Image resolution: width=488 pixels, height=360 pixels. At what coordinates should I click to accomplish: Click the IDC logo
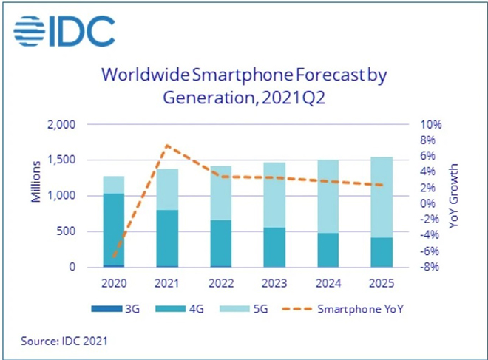point(64,31)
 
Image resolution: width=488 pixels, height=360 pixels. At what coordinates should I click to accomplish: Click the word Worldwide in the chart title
point(146,75)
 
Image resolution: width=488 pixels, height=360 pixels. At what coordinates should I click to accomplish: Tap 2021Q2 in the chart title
point(294,98)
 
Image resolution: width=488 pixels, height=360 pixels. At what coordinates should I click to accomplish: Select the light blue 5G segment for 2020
point(114,185)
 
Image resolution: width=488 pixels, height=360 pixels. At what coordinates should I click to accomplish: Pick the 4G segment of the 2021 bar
point(167,238)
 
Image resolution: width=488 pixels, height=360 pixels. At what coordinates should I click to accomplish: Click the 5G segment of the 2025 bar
point(382,197)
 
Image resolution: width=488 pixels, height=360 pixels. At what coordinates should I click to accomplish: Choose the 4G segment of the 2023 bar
point(274,248)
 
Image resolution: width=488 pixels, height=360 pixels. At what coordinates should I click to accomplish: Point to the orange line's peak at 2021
point(167,145)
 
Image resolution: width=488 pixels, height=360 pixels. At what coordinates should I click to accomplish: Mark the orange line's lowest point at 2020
point(114,258)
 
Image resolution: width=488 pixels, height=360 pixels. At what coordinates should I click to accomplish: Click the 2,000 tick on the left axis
point(61,125)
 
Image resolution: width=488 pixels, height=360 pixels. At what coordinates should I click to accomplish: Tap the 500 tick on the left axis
point(66,231)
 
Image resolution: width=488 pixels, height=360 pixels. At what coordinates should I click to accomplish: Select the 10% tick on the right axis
point(431,125)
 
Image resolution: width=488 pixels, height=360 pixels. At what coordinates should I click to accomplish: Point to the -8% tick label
point(430,267)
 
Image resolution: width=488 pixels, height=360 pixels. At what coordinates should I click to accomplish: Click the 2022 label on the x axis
point(221,283)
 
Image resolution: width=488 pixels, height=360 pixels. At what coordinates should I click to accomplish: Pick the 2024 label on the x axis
point(328,283)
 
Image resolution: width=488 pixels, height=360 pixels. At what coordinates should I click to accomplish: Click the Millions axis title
point(36,182)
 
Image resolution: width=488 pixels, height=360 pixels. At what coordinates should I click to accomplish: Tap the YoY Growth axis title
point(453,196)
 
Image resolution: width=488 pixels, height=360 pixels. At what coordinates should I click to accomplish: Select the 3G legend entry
point(115,309)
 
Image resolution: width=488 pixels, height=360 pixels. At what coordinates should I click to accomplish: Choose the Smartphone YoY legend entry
point(342,309)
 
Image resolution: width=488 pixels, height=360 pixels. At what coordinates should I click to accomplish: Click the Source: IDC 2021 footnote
point(64,341)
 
